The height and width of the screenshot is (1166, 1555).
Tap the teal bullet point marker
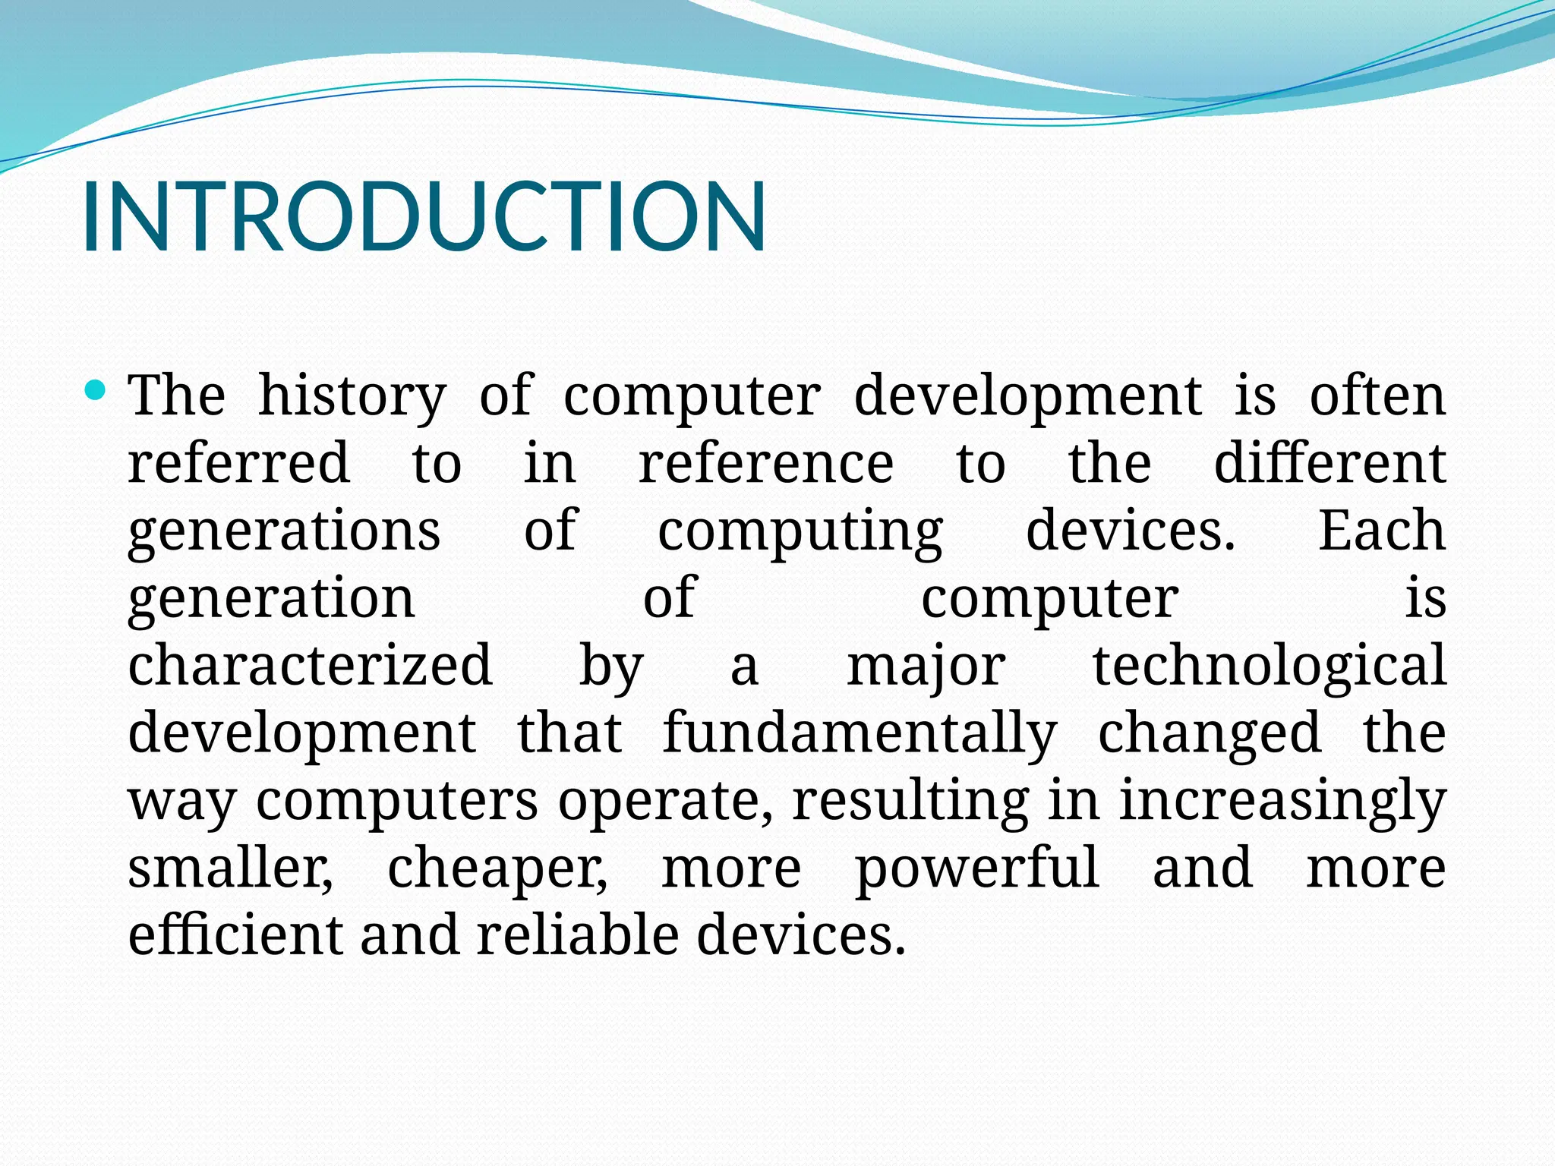click(96, 391)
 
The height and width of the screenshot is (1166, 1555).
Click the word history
click(352, 397)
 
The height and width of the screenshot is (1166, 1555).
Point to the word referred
click(238, 462)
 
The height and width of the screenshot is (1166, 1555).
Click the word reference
click(765, 464)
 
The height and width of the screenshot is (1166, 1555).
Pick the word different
click(1329, 462)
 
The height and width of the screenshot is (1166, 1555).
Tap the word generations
click(284, 531)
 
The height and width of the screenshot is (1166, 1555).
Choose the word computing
click(800, 531)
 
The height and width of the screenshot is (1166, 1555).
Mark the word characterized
click(310, 665)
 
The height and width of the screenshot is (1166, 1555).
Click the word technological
click(1269, 665)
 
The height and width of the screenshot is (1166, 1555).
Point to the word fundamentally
click(860, 733)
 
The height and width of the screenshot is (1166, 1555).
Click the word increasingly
click(1282, 801)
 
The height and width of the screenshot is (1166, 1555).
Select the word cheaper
click(497, 868)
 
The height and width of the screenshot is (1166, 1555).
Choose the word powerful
click(977, 868)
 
